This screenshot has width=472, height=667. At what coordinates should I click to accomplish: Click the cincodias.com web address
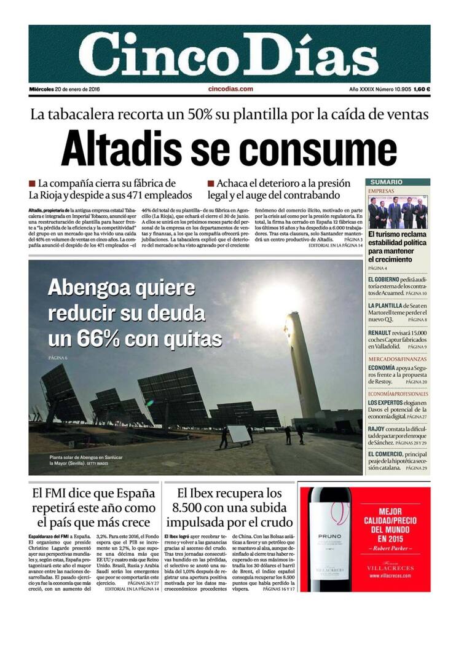230,89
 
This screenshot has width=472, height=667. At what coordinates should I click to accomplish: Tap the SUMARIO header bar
398,182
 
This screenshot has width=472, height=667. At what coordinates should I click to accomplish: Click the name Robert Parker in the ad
386,547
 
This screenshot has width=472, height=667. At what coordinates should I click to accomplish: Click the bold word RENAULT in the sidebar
379,333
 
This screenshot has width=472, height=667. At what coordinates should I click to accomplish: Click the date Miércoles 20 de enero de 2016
65,89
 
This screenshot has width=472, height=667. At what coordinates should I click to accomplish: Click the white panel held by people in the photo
239,434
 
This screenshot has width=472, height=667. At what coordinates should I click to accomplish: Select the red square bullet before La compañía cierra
32,184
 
